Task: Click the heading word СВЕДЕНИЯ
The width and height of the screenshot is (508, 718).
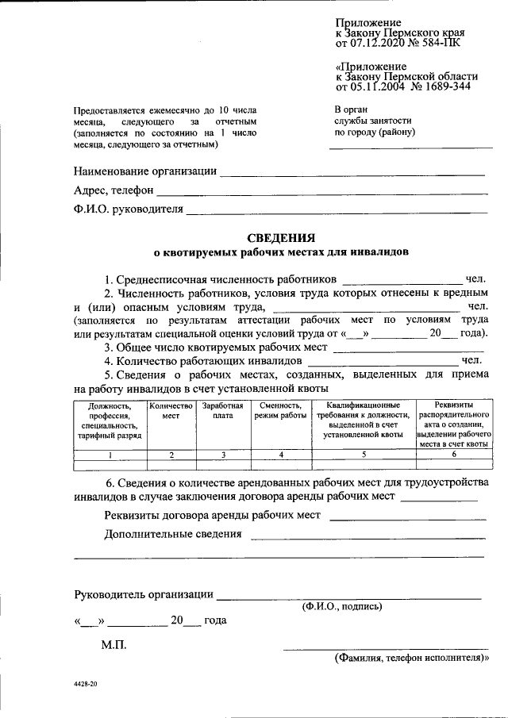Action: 281,237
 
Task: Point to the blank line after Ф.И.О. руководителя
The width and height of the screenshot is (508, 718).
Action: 337,212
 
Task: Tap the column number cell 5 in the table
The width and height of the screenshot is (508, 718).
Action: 364,454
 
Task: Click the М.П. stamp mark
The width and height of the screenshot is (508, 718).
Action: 114,647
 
